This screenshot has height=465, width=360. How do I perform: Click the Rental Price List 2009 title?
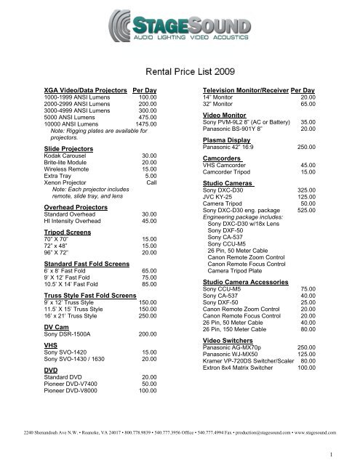[180, 71]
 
